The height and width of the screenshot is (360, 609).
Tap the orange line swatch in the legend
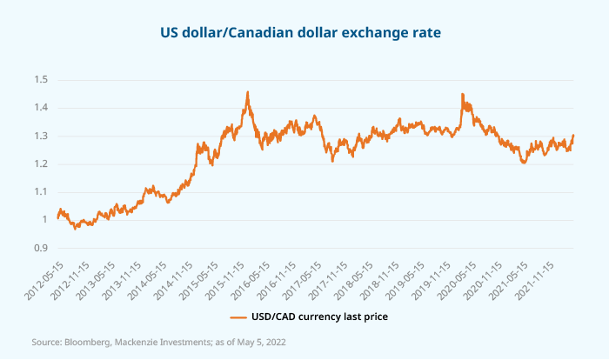[238, 317]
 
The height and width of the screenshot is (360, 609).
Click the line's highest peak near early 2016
[248, 91]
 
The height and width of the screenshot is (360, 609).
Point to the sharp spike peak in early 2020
[462, 94]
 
